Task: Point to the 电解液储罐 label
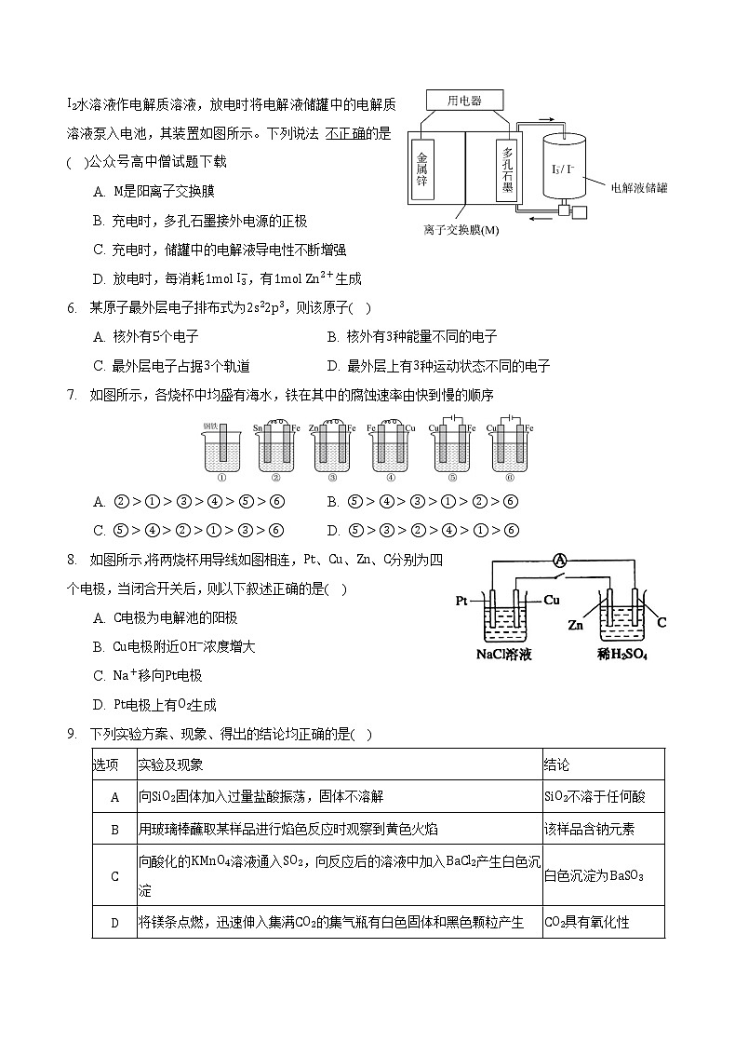click(x=639, y=187)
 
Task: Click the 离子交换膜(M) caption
click(x=461, y=230)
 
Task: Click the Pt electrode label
click(x=461, y=601)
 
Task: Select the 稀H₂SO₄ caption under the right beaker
click(x=621, y=655)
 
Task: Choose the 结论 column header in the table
click(x=556, y=765)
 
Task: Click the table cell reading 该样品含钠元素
click(x=589, y=829)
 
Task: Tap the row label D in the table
click(x=115, y=923)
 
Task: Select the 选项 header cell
click(x=106, y=765)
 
